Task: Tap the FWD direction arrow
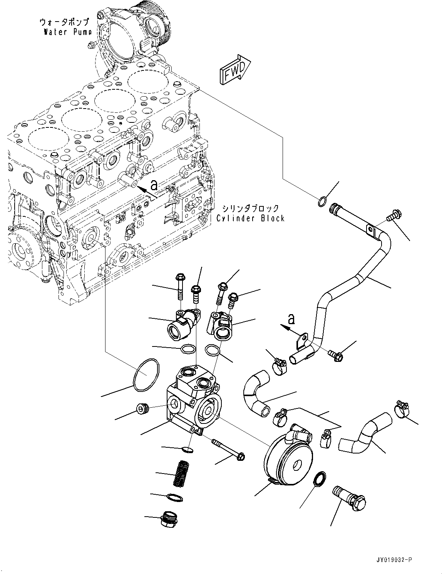pos(235,70)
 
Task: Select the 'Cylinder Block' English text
pos(250,218)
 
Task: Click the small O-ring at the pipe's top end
pos(323,201)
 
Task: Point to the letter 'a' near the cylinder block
pos(154,186)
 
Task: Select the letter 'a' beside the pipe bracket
pos(292,319)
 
